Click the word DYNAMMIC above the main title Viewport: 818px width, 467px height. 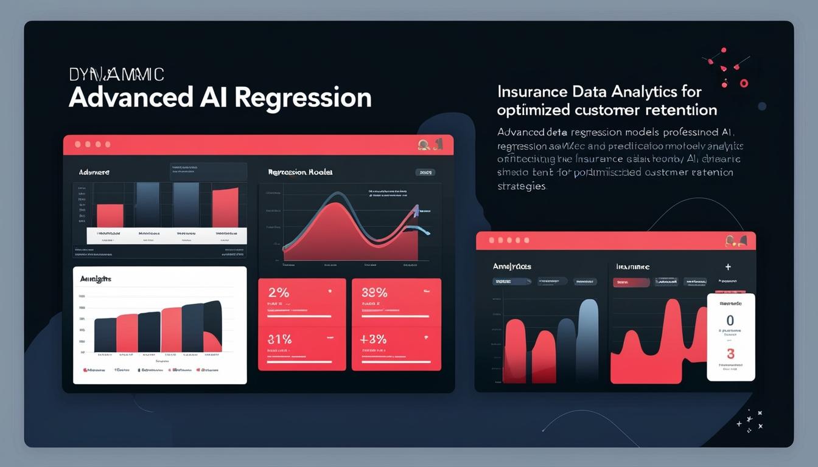coord(116,74)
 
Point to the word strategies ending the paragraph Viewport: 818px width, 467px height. coord(522,186)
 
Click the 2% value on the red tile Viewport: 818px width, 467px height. coord(278,292)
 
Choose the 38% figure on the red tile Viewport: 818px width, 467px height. coord(374,292)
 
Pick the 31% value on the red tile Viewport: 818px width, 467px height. coord(280,339)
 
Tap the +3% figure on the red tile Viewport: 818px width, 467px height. coord(374,339)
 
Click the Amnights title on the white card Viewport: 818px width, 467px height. coord(96,278)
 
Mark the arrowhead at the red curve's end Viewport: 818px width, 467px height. coord(416,211)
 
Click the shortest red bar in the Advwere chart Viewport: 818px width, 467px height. coord(110,215)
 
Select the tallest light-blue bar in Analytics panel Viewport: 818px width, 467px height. coord(588,341)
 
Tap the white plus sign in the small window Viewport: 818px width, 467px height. coord(728,267)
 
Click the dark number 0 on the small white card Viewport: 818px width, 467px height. coord(730,320)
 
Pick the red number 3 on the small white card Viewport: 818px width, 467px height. coord(730,354)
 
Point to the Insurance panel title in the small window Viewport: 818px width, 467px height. coord(632,267)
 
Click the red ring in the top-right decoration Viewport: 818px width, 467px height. coord(744,83)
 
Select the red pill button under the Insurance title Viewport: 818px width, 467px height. coord(631,282)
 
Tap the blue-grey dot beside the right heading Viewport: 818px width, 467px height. coord(762,106)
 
